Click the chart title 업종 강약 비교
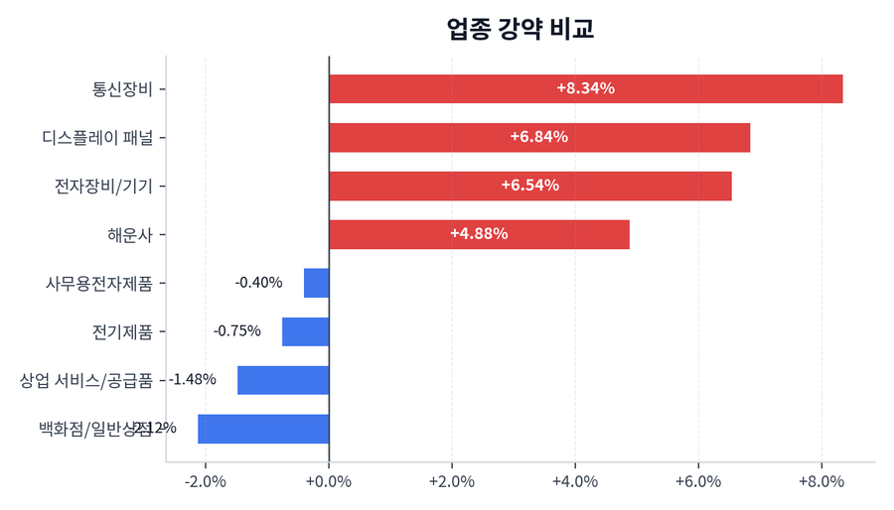pyautogui.click(x=521, y=29)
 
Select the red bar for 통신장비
pyautogui.click(x=585, y=88)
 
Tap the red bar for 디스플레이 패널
pyautogui.click(x=538, y=137)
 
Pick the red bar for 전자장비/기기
pyautogui.click(x=529, y=186)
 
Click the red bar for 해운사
pyautogui.click(x=479, y=234)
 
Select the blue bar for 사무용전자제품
pyautogui.click(x=316, y=283)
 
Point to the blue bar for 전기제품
pyautogui.click(x=305, y=331)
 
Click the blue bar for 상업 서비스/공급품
pyautogui.click(x=283, y=380)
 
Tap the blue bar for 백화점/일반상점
pyautogui.click(x=263, y=429)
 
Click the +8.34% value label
pyautogui.click(x=585, y=88)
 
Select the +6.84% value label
pyautogui.click(x=538, y=137)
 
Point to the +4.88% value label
pyautogui.click(x=479, y=234)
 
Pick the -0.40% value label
pyautogui.click(x=258, y=283)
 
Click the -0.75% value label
pyautogui.click(x=237, y=331)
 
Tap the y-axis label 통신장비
pyautogui.click(x=122, y=88)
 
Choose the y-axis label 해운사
pyautogui.click(x=130, y=234)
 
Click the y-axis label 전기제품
pyautogui.click(x=122, y=331)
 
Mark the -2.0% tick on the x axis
pyautogui.click(x=206, y=482)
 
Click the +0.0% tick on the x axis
pyautogui.click(x=329, y=482)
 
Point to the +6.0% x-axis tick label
pyautogui.click(x=698, y=482)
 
